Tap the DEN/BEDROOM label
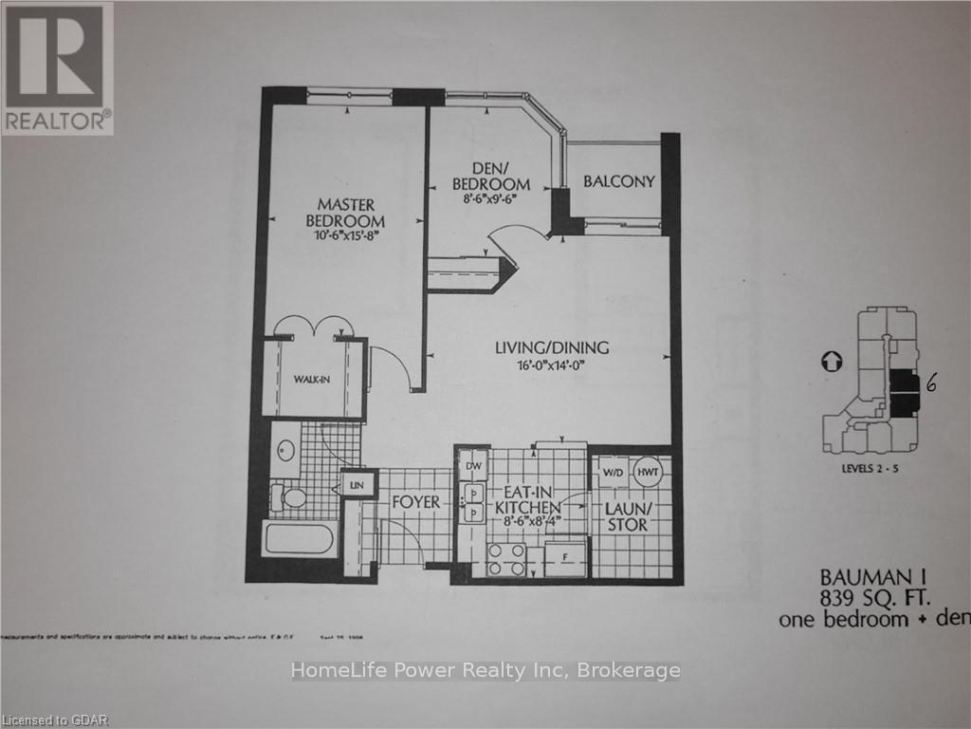point(489,176)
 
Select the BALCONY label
point(618,181)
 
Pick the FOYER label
point(415,501)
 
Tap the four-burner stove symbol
point(505,559)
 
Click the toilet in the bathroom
point(287,496)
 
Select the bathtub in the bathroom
point(300,540)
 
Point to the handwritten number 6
point(932,383)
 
